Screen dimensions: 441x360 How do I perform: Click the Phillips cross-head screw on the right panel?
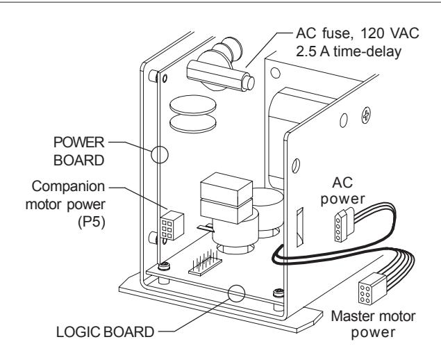366,115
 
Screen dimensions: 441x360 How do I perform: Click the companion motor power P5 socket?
172,226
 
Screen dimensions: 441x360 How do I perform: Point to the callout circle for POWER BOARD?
160,154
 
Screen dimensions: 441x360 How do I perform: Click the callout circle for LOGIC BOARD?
236,293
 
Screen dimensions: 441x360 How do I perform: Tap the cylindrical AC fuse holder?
221,75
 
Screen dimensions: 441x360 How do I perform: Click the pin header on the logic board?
206,263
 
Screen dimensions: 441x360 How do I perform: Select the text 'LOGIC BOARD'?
105,332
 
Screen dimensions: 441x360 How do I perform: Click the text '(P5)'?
92,222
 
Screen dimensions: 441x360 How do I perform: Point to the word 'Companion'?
68,186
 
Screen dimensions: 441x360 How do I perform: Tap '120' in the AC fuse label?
372,33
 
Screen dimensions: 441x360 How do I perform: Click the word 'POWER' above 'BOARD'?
78,142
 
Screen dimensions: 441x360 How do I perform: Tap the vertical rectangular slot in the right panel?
300,227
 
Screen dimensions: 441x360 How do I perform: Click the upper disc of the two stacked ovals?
193,104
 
